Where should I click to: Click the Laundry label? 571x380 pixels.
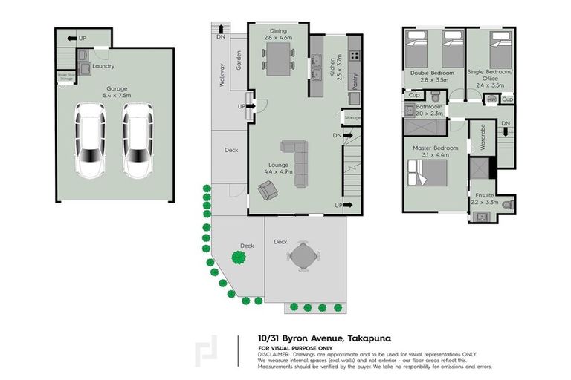(103, 65)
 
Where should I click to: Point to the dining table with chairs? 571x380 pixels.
(277, 57)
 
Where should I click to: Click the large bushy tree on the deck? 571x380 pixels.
(239, 258)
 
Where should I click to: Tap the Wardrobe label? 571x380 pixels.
(482, 137)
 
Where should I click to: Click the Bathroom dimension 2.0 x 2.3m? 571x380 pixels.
(430, 113)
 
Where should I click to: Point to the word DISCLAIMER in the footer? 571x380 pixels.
(274, 354)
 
